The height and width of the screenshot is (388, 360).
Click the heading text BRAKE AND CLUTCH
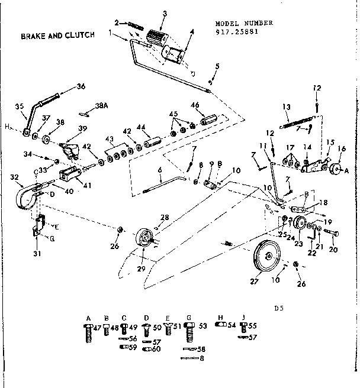[x=58, y=35]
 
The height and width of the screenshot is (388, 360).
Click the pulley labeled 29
[x=144, y=241]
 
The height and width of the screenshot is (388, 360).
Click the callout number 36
[x=81, y=86]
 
